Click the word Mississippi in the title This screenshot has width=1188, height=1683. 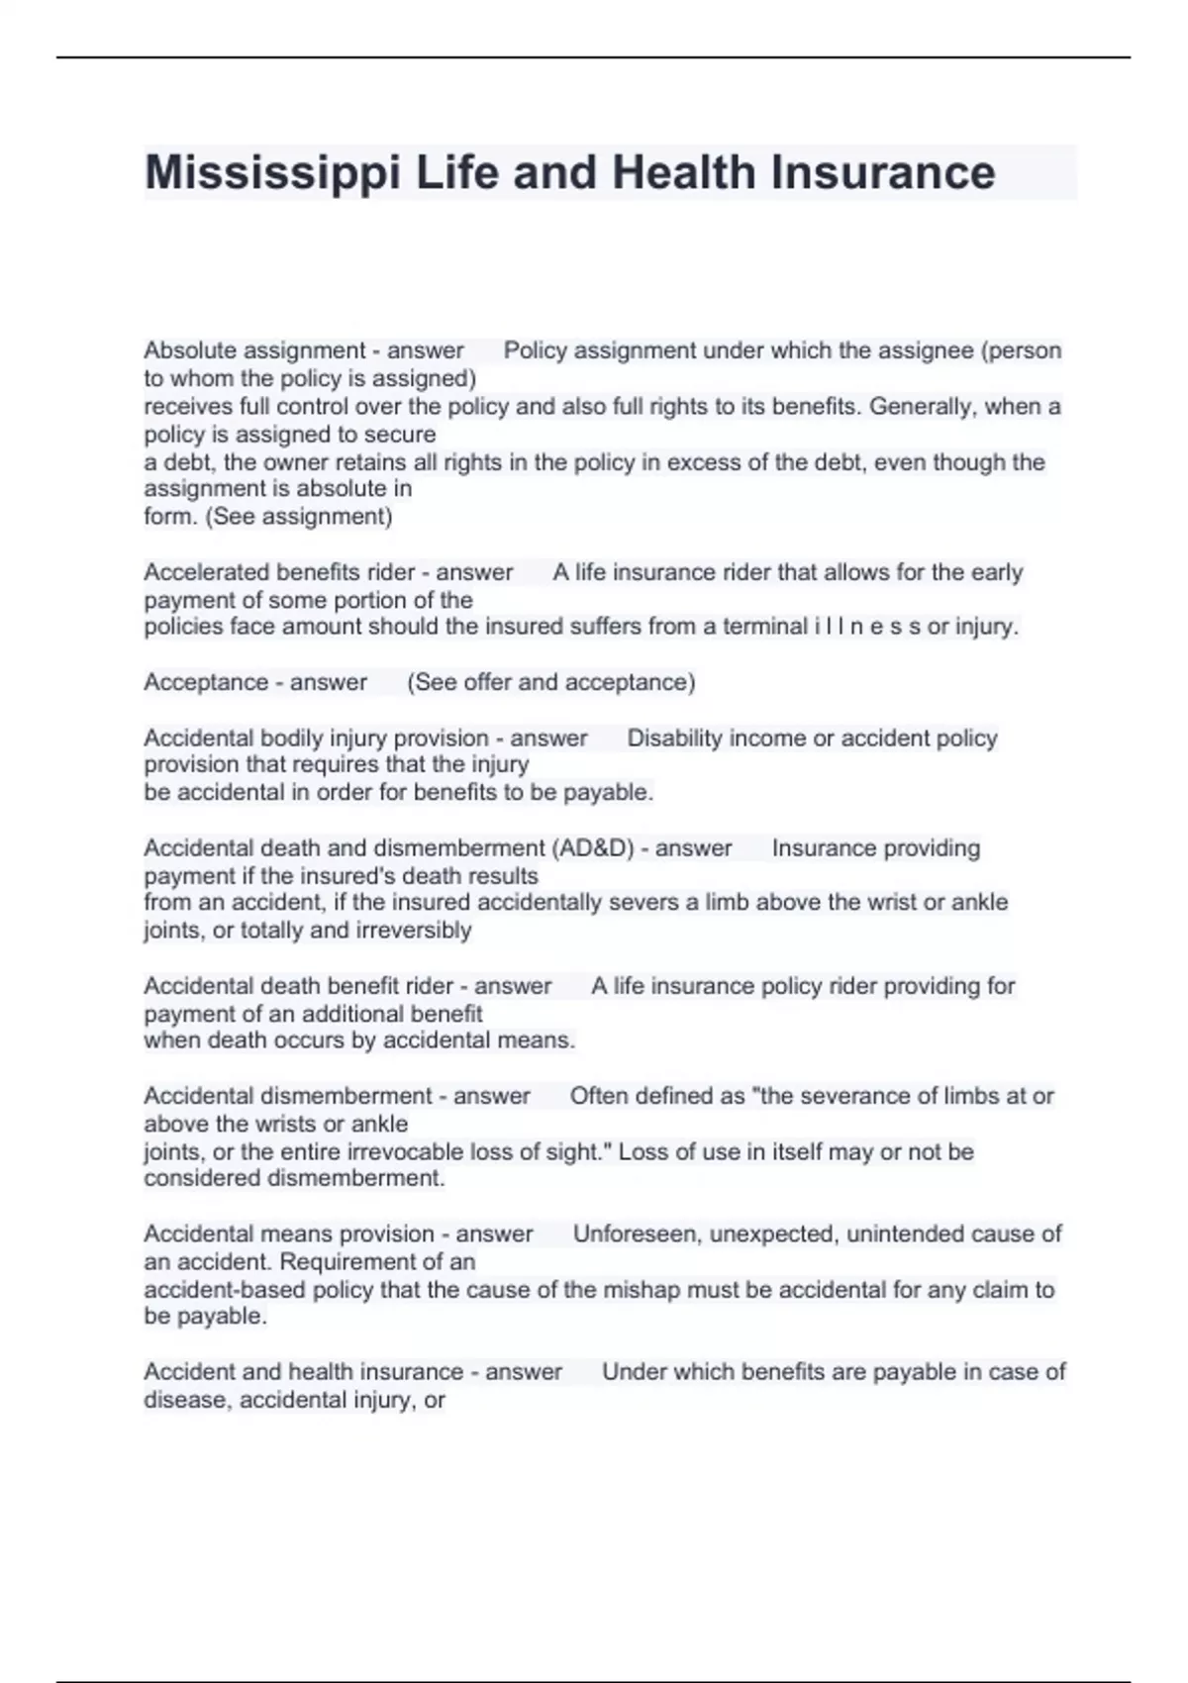point(272,173)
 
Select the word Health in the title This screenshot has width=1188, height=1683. point(683,173)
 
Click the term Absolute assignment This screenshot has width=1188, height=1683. point(254,350)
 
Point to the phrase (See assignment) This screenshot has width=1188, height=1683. point(299,517)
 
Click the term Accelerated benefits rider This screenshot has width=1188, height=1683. point(282,572)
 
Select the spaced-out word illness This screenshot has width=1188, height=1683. point(867,627)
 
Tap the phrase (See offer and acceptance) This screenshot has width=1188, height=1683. point(551,682)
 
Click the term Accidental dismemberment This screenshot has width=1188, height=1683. point(288,1096)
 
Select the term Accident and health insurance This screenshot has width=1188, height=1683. point(304,1372)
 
